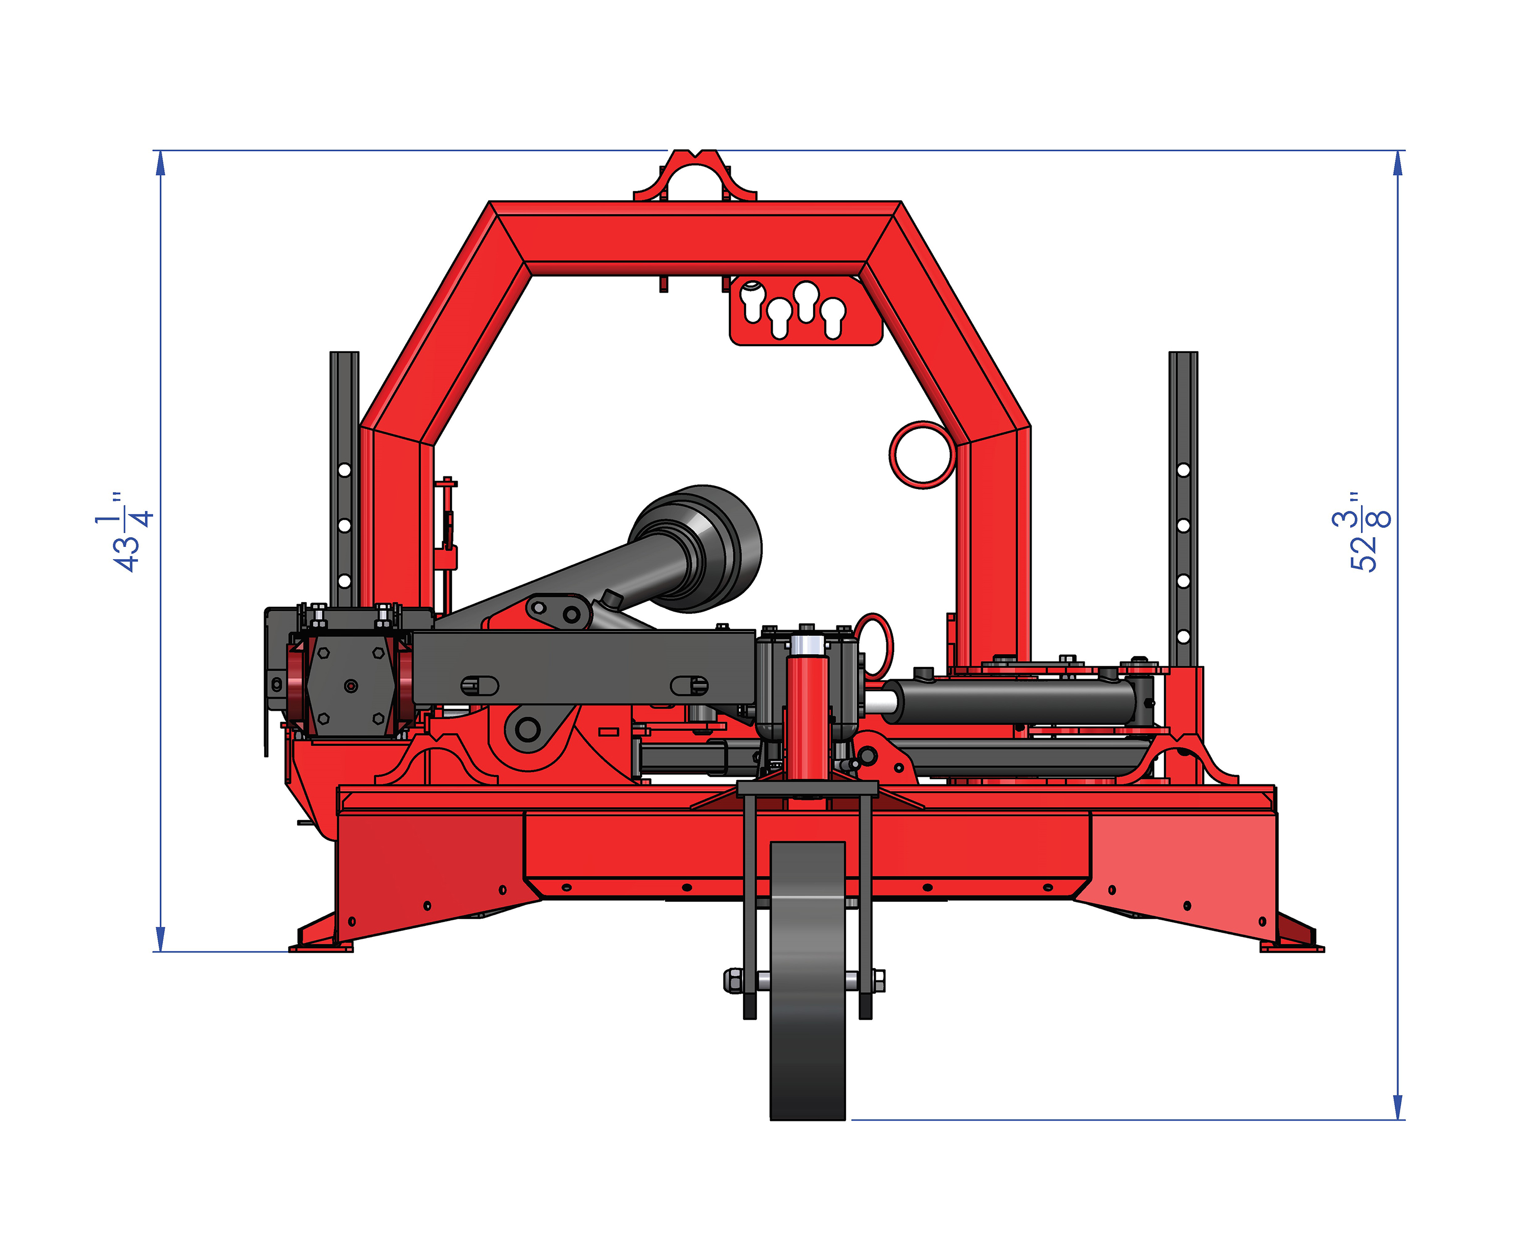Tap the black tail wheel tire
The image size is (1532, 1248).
(x=807, y=981)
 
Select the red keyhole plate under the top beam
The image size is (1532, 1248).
(x=805, y=310)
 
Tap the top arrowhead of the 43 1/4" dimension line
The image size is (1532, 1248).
(x=160, y=163)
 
